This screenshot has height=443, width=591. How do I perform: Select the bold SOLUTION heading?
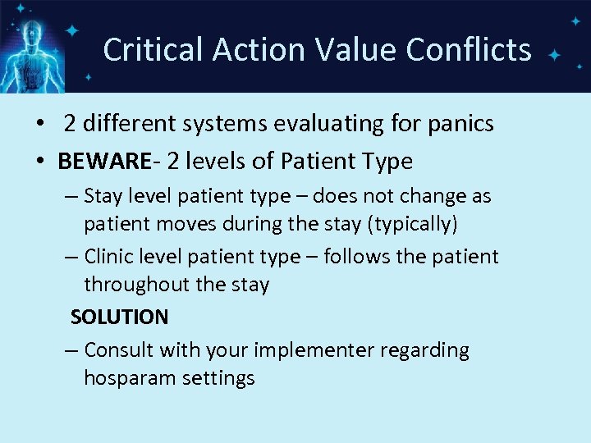[119, 317]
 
